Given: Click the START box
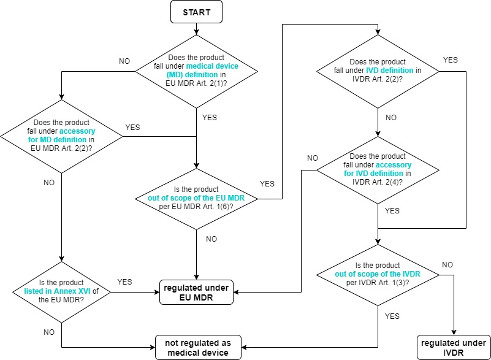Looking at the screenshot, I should click(x=196, y=12).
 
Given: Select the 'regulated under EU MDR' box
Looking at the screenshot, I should click(x=196, y=292).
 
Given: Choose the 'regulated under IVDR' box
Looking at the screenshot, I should click(x=454, y=347).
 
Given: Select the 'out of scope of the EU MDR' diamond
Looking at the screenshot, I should click(x=196, y=199).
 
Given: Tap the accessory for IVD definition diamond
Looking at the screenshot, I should click(x=378, y=169).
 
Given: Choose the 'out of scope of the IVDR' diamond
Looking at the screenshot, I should click(x=378, y=275).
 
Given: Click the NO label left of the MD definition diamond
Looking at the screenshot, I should click(x=124, y=62).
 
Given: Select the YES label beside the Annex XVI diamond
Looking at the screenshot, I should click(x=124, y=282).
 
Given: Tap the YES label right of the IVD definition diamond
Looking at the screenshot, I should click(x=449, y=59).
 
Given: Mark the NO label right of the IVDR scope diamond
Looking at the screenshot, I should click(x=447, y=265).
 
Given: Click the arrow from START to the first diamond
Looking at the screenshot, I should click(x=196, y=29).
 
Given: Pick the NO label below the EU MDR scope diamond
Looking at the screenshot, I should click(x=211, y=239).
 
